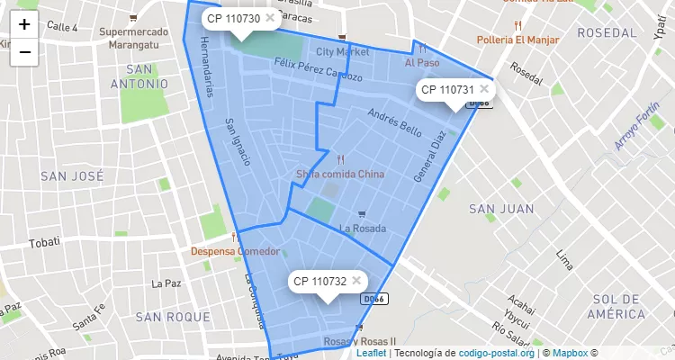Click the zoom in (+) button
(24, 25)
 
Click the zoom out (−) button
(24, 52)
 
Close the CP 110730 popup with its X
(270, 17)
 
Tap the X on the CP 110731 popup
(484, 88)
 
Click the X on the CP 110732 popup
(357, 280)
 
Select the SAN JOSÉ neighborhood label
(72, 177)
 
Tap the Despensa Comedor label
(235, 251)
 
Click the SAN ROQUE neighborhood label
(173, 317)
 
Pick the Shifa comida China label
(340, 174)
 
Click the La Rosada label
(363, 229)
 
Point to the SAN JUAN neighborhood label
(501, 209)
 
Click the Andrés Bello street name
(395, 122)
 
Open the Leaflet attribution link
(371, 353)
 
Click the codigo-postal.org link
(496, 353)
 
